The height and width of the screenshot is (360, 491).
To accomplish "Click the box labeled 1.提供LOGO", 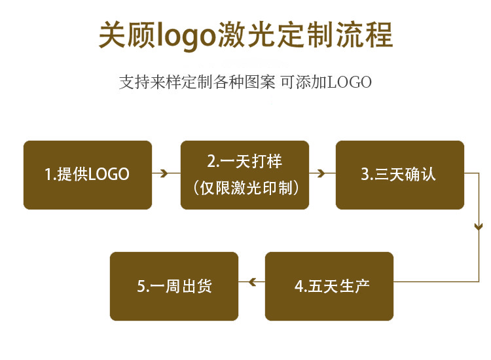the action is point(88,175).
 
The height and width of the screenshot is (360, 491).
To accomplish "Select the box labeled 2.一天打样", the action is point(244,175).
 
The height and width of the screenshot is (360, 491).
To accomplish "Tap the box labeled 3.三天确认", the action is point(399,175).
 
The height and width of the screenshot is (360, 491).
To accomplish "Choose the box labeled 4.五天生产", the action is point(329,286).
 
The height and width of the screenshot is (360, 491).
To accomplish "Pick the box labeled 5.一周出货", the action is point(174,286).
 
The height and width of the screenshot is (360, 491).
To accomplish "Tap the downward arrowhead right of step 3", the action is point(479,226).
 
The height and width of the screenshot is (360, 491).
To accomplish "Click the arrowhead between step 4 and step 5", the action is point(251,282).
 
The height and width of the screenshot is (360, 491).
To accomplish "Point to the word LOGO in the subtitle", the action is point(350,82).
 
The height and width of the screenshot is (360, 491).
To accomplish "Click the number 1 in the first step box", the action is point(48,175).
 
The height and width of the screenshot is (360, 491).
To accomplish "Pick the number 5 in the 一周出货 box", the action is point(140,287).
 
